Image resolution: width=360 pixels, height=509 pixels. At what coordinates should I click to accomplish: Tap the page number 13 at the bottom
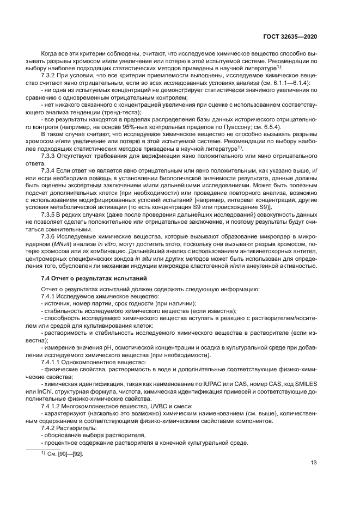[314, 463]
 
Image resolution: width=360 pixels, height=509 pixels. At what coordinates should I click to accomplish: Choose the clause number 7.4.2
[50, 429]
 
